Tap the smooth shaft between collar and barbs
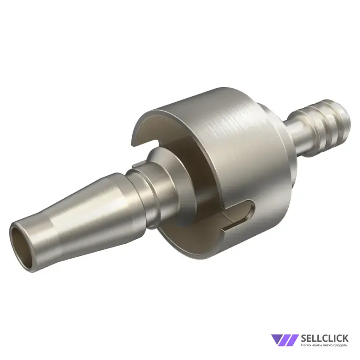click(x=296, y=138)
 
